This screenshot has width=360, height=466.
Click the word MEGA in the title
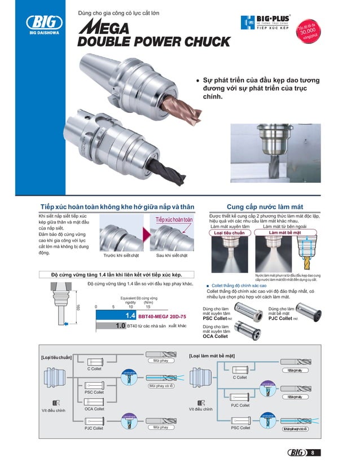[x=103, y=27]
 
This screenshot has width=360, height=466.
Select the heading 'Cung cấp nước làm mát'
[x=265, y=207]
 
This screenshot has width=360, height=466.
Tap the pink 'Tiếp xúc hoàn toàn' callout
[x=174, y=219]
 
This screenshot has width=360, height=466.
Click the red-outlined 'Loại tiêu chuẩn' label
[x=229, y=232]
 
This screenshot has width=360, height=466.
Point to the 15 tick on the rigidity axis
[x=148, y=307]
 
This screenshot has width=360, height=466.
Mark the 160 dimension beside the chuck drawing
[x=78, y=308]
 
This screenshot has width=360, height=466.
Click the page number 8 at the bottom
[x=311, y=452]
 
